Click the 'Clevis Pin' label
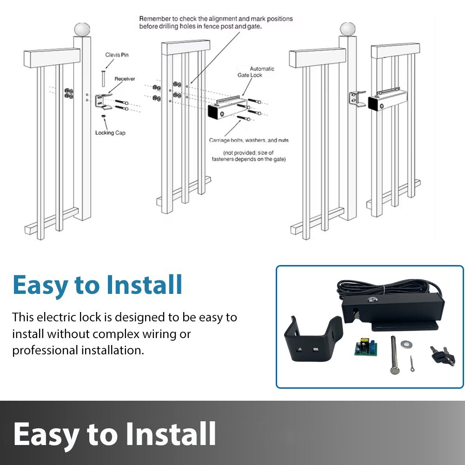(x=117, y=55)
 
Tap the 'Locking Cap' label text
(x=111, y=133)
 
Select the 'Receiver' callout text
(x=125, y=79)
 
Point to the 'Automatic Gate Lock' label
(x=262, y=72)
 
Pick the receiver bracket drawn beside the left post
(x=104, y=100)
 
